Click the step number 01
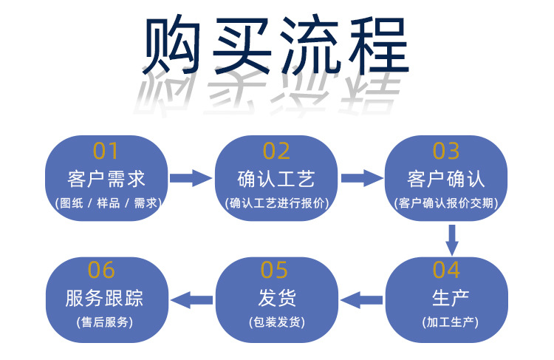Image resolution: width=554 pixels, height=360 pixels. coord(106,151)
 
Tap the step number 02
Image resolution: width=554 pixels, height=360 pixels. coord(276,151)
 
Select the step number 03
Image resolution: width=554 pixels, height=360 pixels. coord(446,151)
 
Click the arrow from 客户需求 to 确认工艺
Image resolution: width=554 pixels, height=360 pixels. coord(191,177)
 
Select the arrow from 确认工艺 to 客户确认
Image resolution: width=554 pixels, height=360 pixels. coord(361,177)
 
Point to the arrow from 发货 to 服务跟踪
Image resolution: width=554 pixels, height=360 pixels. coord(191,299)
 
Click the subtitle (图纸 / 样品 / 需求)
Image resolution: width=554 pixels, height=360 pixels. coord(106,203)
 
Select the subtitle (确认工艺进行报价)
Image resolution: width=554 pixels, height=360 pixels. coord(276,203)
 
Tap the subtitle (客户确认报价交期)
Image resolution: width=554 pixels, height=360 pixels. coord(446,203)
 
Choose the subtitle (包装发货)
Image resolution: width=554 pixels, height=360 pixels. coord(276,322)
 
